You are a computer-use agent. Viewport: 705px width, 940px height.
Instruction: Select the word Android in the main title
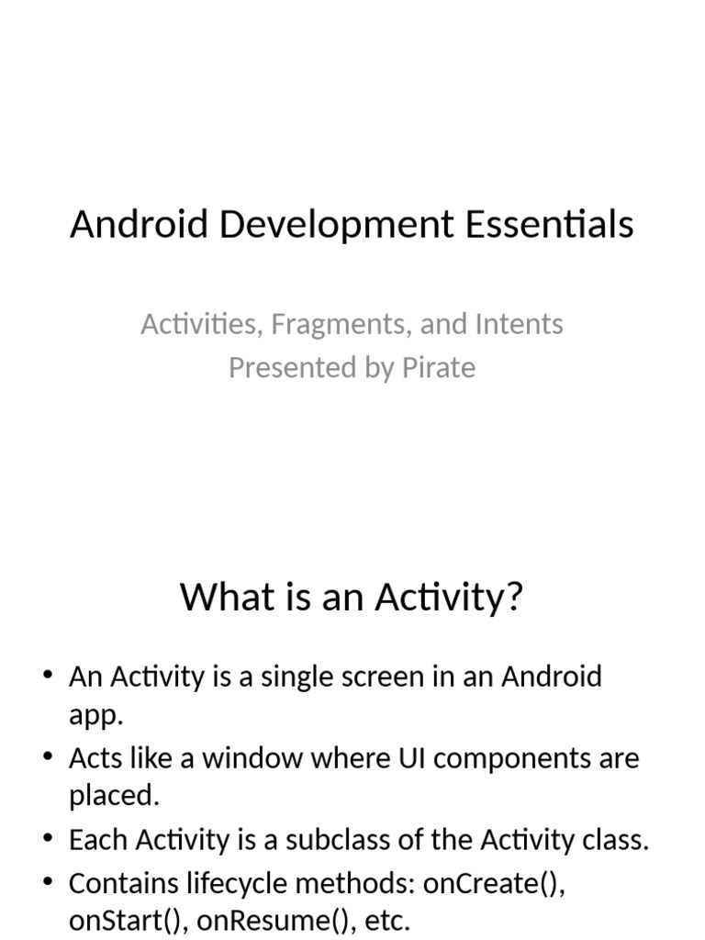point(140,224)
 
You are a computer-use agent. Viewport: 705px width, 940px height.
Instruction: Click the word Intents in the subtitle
point(519,324)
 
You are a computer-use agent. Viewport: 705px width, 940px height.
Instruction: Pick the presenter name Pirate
point(439,367)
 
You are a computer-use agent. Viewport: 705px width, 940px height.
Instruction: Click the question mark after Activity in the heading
point(514,597)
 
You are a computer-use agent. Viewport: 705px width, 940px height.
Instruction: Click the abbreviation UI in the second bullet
point(389,759)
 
